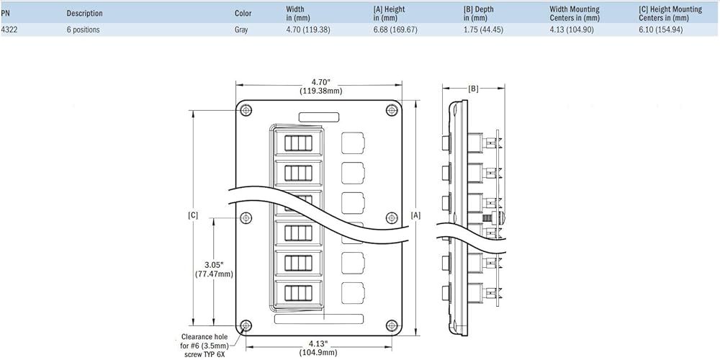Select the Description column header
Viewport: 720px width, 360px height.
tap(84, 13)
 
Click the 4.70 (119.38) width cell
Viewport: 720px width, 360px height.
tap(304, 30)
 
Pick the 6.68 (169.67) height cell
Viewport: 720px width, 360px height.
tap(394, 30)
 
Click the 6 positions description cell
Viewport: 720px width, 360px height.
tap(83, 30)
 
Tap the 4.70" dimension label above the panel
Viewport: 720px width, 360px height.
tap(320, 81)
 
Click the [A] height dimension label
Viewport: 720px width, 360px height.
tap(416, 215)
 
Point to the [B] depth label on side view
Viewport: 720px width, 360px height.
tap(474, 89)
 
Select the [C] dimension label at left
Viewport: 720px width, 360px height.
tap(192, 215)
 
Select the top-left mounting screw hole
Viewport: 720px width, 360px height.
tap(246, 110)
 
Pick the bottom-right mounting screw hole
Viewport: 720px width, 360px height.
tap(392, 325)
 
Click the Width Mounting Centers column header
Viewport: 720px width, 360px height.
tap(574, 13)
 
